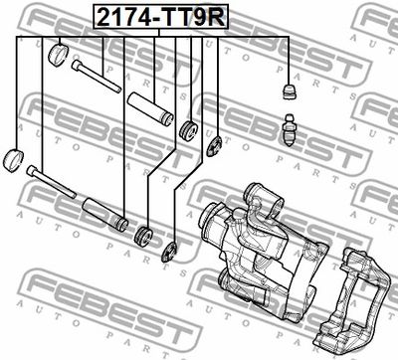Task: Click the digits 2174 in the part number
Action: coord(122,17)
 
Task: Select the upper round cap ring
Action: coord(59,55)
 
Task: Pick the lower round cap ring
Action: coord(14,160)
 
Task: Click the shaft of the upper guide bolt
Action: coord(100,80)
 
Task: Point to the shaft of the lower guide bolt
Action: coord(56,185)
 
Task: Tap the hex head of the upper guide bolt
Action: coord(77,65)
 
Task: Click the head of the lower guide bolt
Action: coord(31,170)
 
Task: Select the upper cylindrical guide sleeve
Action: coord(150,109)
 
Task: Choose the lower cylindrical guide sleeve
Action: coord(105,214)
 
